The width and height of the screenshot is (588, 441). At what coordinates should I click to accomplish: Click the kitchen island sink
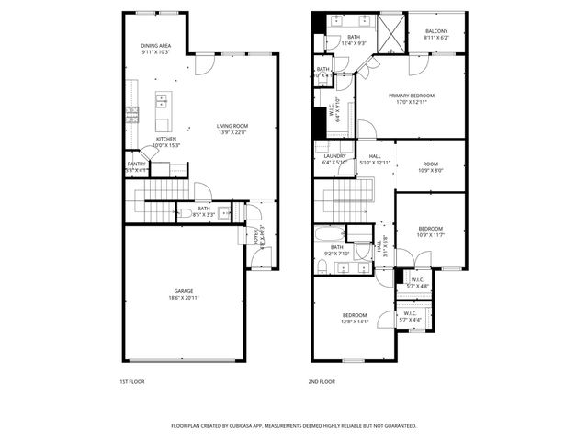[161, 99]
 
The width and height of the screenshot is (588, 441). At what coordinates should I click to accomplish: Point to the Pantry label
[136, 165]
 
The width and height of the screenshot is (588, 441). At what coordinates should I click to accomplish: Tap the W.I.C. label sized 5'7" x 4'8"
[417, 282]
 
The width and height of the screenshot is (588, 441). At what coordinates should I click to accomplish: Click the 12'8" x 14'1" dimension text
[355, 322]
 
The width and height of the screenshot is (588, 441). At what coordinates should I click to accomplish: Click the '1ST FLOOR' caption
[131, 381]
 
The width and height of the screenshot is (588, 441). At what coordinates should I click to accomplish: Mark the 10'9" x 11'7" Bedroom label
[431, 232]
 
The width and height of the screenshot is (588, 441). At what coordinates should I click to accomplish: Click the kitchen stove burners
[132, 115]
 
